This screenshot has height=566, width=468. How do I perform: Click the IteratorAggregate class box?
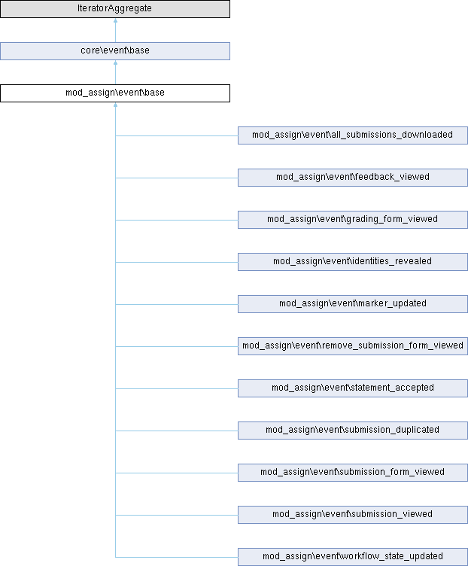(x=115, y=9)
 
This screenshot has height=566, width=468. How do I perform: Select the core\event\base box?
(x=115, y=51)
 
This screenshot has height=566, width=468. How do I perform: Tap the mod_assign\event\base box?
(x=115, y=93)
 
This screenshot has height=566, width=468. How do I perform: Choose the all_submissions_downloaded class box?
(x=353, y=135)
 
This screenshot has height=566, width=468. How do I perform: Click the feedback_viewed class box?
(x=353, y=178)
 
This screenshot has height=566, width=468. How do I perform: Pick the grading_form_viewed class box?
(x=353, y=220)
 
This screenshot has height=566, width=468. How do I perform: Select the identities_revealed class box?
(x=353, y=262)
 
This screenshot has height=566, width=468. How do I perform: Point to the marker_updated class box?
(x=353, y=304)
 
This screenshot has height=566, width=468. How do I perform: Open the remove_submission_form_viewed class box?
(x=353, y=346)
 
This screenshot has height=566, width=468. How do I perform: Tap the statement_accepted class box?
(x=353, y=388)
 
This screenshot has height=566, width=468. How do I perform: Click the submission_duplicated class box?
(x=353, y=431)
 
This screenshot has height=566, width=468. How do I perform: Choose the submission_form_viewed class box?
(x=353, y=473)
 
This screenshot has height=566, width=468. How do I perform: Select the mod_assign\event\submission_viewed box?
(x=353, y=515)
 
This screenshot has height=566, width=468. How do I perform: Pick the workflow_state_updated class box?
(x=353, y=557)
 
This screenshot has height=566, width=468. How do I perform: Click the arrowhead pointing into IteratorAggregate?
(x=115, y=20)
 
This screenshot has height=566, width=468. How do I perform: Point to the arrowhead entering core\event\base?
(x=115, y=62)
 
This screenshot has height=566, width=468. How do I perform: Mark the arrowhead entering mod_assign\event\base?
(x=115, y=105)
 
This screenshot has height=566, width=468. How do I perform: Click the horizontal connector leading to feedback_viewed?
(x=177, y=178)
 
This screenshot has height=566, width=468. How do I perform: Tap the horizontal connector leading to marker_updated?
(x=177, y=304)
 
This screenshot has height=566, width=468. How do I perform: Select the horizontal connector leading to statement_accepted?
(x=177, y=389)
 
